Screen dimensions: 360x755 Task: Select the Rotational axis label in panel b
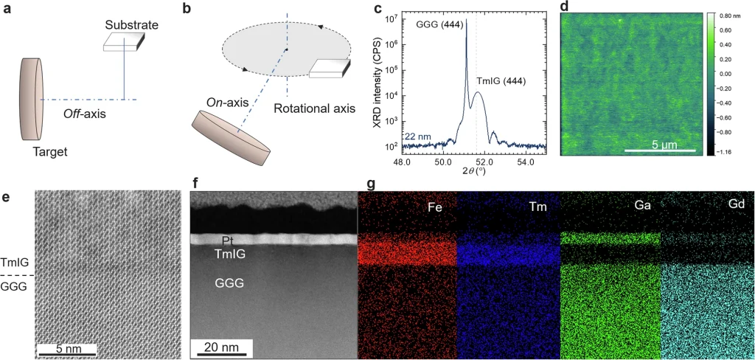click(x=315, y=109)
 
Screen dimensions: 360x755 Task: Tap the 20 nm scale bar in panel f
click(x=220, y=347)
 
